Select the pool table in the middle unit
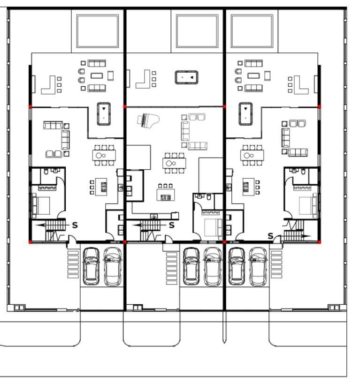(186, 77)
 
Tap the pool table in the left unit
(104, 114)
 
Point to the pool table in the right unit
(245, 114)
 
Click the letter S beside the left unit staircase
(75, 225)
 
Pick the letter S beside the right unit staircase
(270, 236)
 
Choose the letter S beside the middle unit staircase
(172, 225)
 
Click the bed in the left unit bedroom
(41, 206)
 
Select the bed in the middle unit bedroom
(214, 227)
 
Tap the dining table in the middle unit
(174, 163)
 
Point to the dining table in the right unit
(252, 155)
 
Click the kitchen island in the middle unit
(166, 195)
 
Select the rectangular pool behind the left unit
(98, 31)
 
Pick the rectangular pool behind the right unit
(252, 31)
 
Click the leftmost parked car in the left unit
(91, 266)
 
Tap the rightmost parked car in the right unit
(258, 267)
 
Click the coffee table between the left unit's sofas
(97, 75)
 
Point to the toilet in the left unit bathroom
(46, 171)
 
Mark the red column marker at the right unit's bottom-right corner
(319, 242)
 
